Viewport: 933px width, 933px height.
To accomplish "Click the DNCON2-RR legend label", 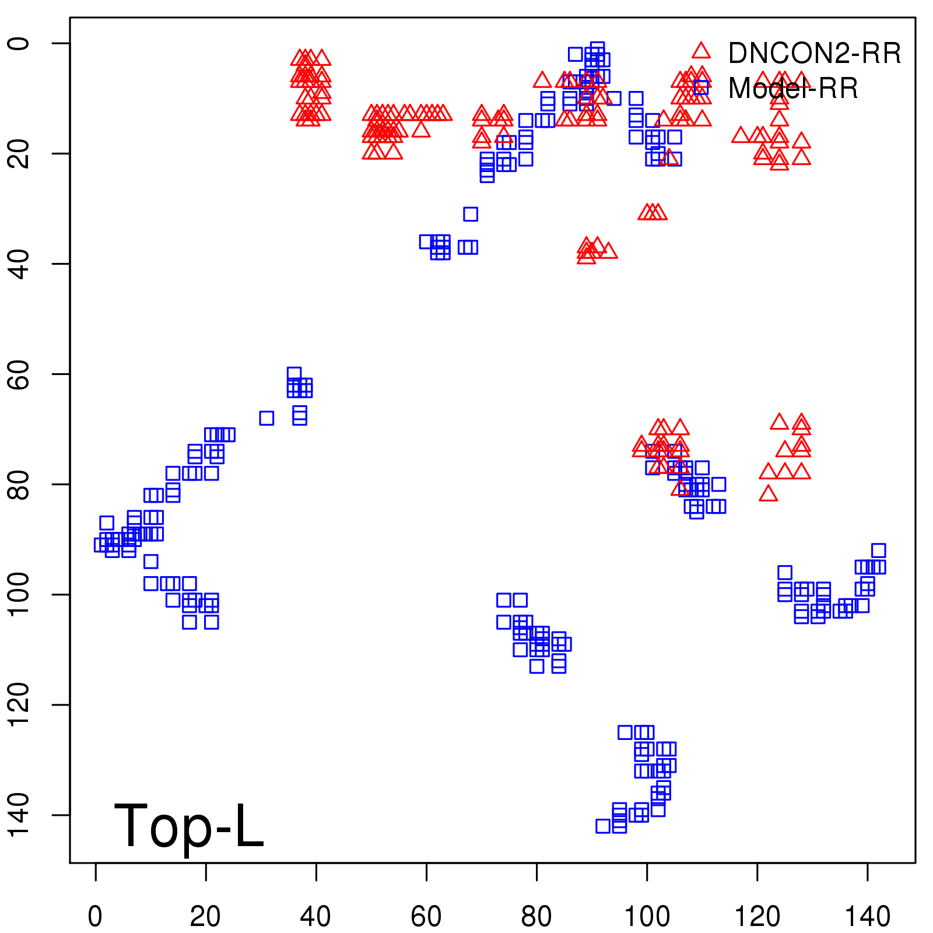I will (x=814, y=53).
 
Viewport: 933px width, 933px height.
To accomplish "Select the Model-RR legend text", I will (x=793, y=89).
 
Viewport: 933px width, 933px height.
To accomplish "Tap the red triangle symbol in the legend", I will (x=701, y=51).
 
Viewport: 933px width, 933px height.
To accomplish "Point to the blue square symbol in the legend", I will (x=701, y=87).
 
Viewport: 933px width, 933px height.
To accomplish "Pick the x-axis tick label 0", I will (x=95, y=916).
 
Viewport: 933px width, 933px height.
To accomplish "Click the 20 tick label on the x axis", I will (x=205, y=916).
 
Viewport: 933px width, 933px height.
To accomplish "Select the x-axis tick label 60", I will (x=426, y=916).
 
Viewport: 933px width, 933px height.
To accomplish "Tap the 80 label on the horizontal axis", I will (x=536, y=916).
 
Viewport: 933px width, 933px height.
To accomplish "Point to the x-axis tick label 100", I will (x=647, y=916).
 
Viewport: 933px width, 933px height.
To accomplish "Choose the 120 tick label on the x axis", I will (x=757, y=916).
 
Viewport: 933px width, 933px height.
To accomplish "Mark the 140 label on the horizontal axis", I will (x=868, y=916).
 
